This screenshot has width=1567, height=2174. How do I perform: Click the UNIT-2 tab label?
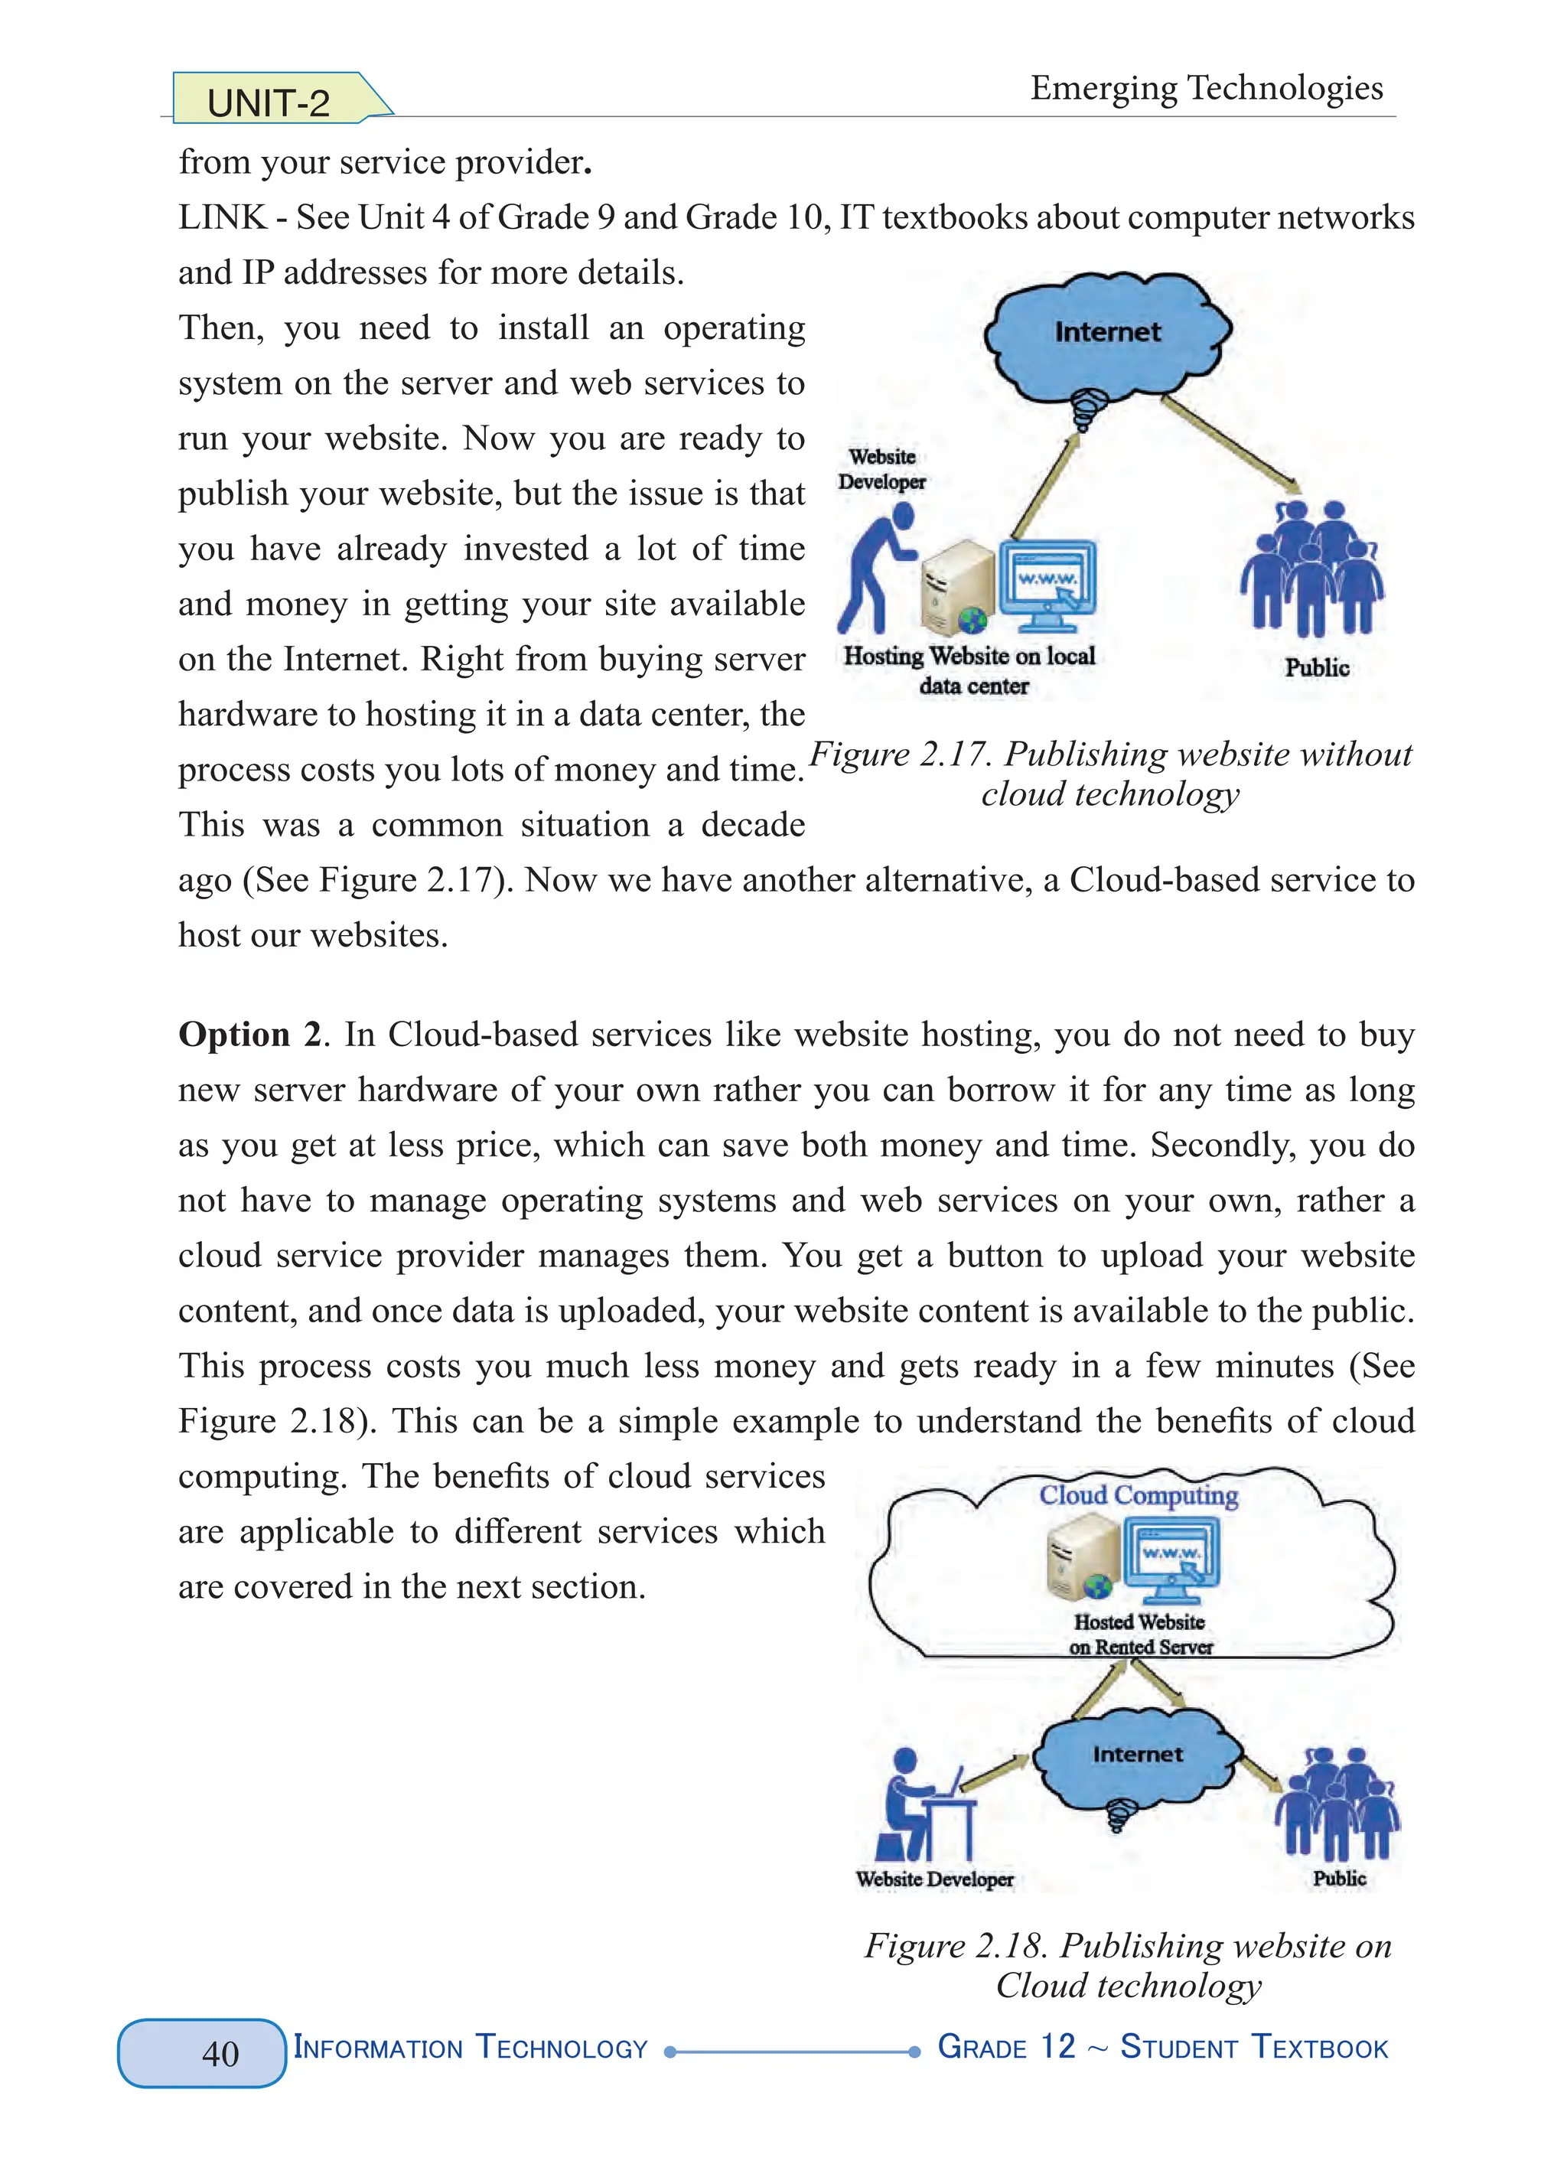coord(269,103)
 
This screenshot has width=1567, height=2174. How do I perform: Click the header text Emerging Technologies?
coord(1206,88)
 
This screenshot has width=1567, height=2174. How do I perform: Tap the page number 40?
coord(220,2052)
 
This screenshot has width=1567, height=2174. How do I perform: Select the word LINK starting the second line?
coord(221,217)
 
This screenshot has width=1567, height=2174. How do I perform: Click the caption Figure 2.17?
coord(1110,774)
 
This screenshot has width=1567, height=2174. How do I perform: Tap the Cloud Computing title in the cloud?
coord(1139,1495)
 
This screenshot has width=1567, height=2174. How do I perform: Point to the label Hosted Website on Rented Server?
coord(1139,1635)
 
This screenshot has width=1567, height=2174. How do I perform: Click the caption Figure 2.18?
coord(1128,1965)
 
